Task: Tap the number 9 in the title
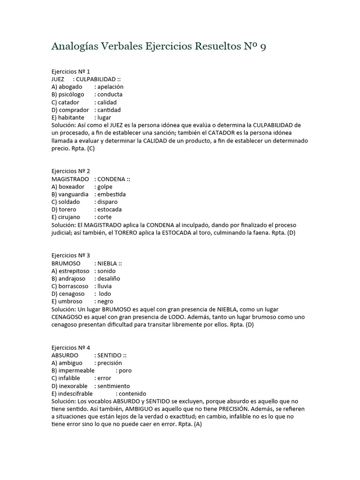click(262, 47)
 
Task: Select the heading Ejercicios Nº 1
click(70, 72)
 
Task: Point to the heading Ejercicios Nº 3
click(70, 255)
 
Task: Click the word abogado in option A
click(70, 87)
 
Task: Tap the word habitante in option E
click(72, 117)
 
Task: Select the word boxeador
click(72, 187)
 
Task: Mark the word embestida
click(112, 194)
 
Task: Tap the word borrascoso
click(74, 286)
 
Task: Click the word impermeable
click(76, 370)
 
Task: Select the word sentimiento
click(114, 386)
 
